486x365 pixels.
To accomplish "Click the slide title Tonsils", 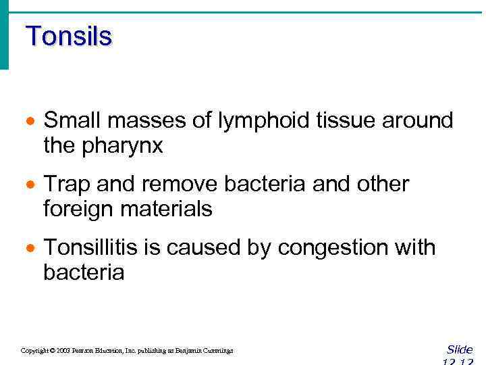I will (68, 36).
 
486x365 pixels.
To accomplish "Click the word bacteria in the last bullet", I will (84, 272).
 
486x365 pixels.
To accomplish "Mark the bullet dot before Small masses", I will (29, 122).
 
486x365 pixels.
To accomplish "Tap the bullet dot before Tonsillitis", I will (29, 249).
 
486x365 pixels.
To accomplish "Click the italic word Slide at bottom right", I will (460, 349).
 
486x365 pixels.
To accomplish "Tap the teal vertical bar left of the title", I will (4, 37).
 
